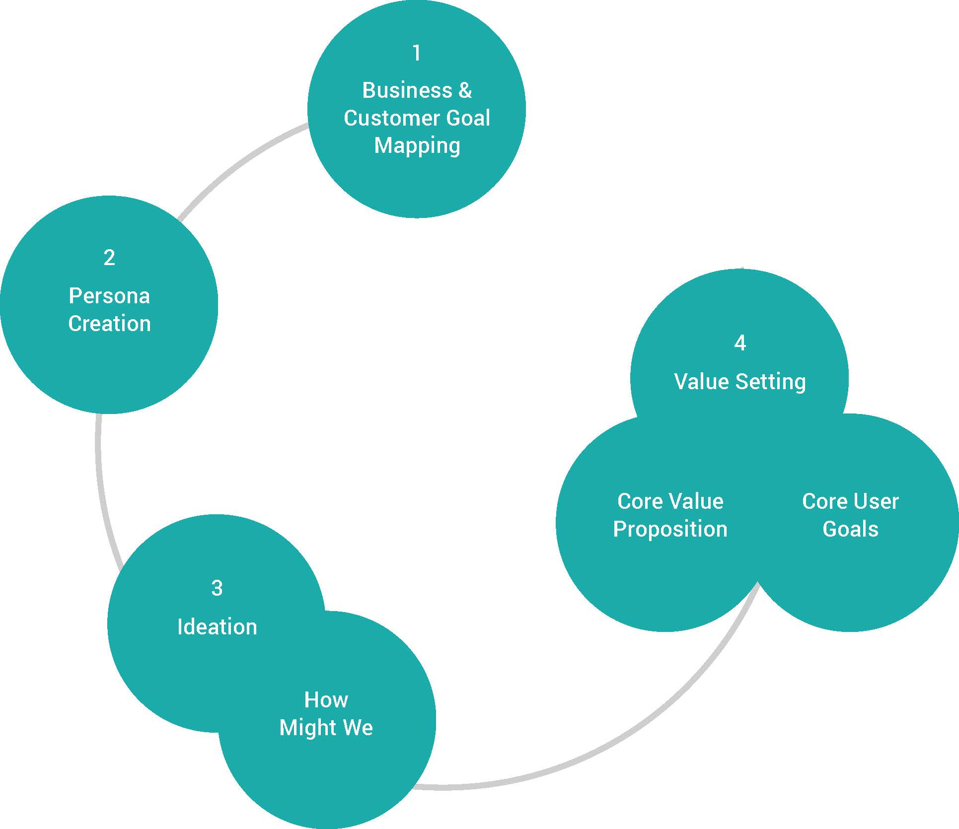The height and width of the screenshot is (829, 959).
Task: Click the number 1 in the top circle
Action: [417, 53]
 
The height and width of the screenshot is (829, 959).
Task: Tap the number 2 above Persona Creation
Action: [109, 257]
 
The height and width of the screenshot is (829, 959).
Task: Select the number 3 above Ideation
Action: [217, 588]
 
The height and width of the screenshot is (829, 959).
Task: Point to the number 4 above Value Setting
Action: [740, 343]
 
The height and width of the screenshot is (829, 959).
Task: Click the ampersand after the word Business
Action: [465, 90]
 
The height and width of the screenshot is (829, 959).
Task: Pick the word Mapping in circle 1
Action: [417, 145]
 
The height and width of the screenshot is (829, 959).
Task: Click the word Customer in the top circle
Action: [392, 118]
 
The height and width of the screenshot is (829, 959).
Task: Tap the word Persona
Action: [109, 296]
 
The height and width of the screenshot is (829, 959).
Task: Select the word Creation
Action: [109, 324]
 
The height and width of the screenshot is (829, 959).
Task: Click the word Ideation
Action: [217, 626]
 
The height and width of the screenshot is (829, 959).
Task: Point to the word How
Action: [326, 700]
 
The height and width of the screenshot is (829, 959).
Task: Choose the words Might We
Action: [326, 728]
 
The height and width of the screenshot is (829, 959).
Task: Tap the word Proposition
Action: [670, 529]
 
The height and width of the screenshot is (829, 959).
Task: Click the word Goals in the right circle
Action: [850, 529]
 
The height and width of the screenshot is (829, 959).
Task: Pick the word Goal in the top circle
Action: [468, 118]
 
